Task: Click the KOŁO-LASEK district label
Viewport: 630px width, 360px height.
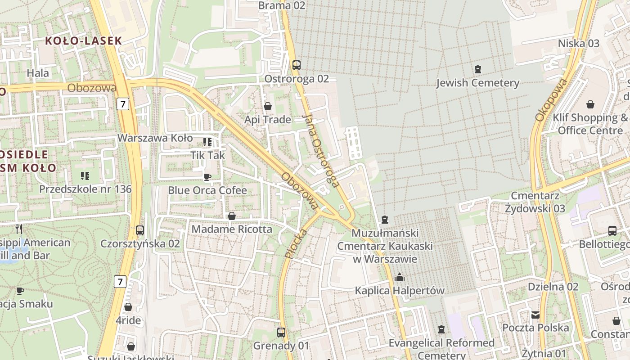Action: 84,40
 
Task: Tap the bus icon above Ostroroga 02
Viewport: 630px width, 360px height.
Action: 296,65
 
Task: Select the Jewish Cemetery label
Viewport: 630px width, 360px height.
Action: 477,83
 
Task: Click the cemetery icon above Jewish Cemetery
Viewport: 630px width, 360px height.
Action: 477,69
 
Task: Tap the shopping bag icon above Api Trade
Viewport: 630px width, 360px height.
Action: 268,106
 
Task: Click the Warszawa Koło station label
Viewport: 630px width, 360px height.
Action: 155,138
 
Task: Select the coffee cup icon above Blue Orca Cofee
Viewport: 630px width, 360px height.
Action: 207,177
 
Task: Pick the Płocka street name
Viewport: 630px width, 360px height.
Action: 296,243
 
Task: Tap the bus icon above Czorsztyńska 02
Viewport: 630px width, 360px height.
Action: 140,230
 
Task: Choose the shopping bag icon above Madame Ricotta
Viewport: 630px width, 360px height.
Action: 232,216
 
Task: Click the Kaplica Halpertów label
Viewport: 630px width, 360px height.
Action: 400,291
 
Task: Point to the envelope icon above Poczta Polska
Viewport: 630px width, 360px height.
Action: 535,315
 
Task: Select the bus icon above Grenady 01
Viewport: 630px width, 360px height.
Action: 281,333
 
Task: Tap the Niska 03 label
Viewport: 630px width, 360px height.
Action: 579,43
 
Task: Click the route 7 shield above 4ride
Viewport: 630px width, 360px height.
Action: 120,282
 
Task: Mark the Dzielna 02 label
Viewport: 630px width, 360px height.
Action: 553,287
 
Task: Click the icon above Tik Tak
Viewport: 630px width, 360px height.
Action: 207,142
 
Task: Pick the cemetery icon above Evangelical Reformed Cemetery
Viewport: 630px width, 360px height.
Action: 441,329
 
